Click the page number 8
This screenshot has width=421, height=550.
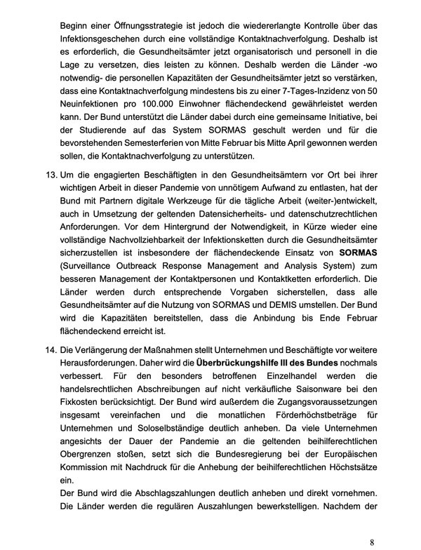pos(372,542)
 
